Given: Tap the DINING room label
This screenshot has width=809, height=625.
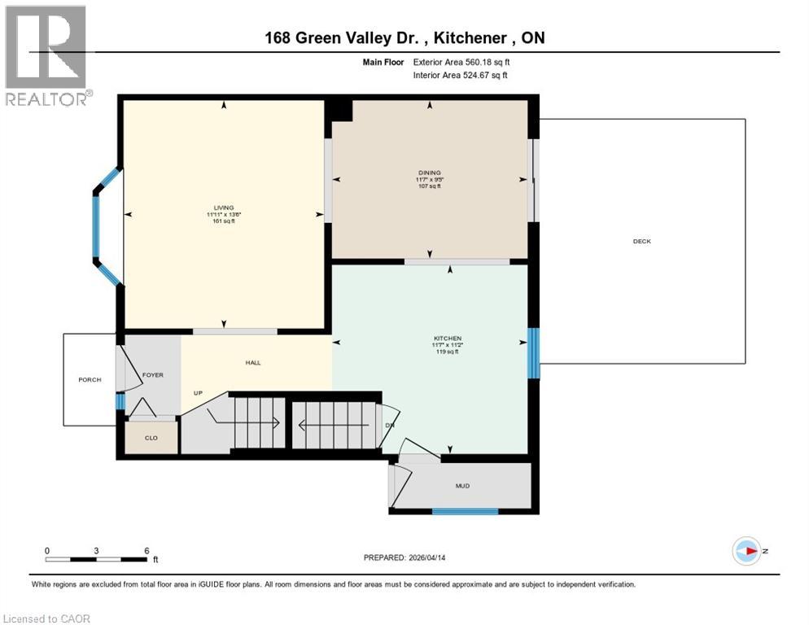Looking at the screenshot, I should (429, 173).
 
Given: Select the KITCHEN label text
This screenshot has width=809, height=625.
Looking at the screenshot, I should (448, 338).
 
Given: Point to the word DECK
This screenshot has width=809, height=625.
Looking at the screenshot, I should (641, 241).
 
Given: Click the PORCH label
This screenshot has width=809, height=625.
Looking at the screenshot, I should (90, 380).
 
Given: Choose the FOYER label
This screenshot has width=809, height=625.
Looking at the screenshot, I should (153, 375).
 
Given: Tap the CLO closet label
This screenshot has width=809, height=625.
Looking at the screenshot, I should (151, 439).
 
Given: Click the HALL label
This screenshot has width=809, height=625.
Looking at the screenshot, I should (253, 362).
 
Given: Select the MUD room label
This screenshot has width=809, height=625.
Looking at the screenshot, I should (462, 486).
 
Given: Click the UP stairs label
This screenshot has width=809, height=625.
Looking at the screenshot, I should (198, 393).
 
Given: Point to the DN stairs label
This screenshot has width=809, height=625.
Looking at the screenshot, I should (389, 426).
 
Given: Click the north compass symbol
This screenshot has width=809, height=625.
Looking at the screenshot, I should (746, 551).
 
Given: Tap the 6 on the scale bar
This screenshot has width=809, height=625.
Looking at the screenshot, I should (146, 551).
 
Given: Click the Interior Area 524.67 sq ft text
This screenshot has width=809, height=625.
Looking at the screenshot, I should (461, 75).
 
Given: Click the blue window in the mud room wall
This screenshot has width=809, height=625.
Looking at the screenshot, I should (465, 511).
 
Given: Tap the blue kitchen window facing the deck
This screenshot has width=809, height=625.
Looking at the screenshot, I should (533, 353).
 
